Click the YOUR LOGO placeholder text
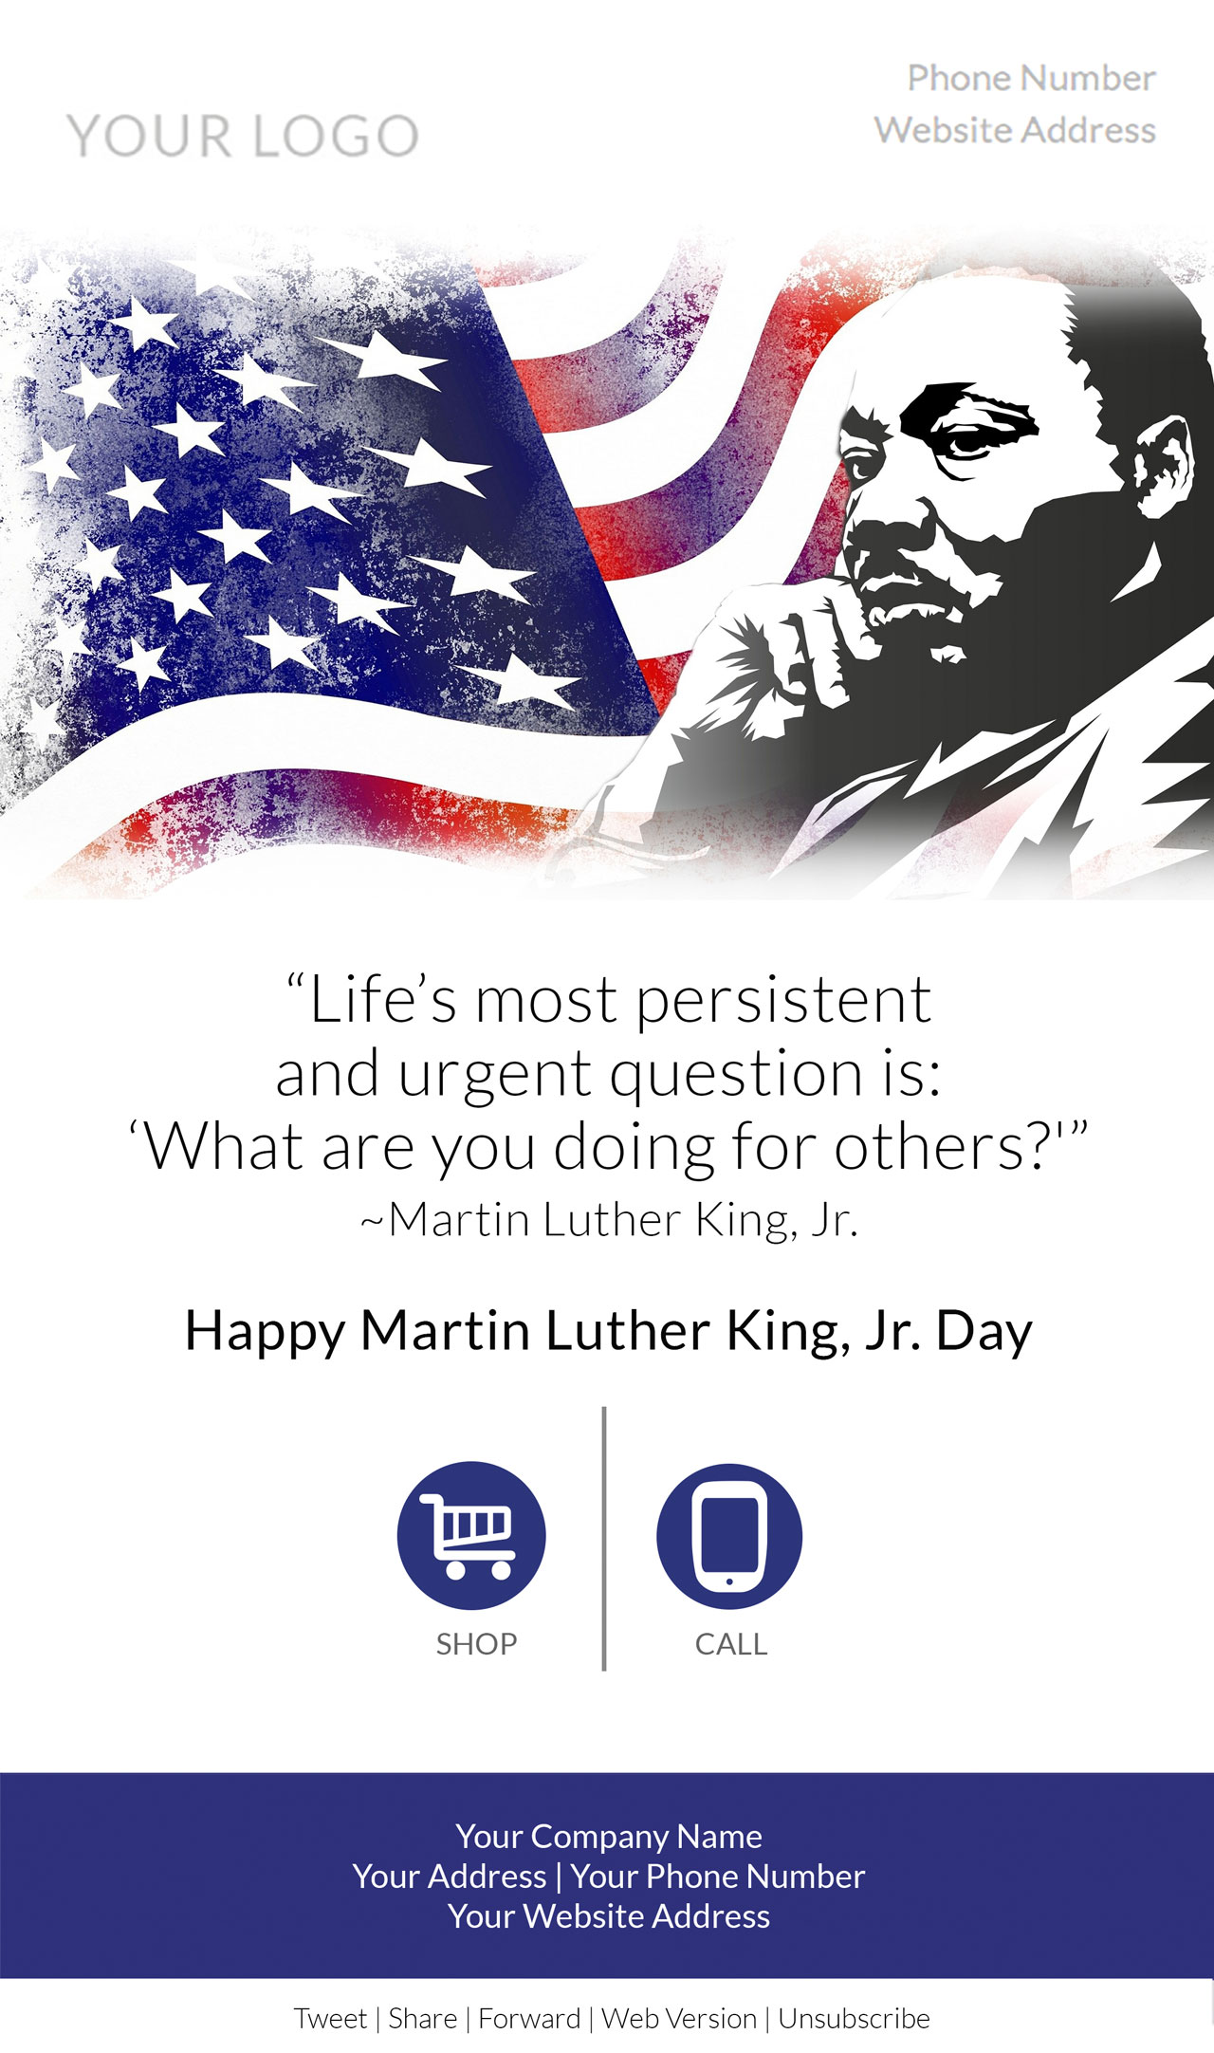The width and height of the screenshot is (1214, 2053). click(x=243, y=135)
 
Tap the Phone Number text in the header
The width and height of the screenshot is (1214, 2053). click(x=1031, y=78)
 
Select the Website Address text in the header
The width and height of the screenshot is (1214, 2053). click(x=1015, y=130)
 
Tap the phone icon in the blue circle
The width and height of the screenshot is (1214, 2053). click(x=729, y=1536)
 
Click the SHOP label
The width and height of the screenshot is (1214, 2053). click(x=476, y=1644)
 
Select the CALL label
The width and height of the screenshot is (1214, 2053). click(x=730, y=1644)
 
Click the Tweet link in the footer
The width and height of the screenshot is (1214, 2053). click(x=330, y=2018)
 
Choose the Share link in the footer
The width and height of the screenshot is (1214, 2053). click(x=422, y=2018)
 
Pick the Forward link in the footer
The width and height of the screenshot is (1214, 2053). click(x=529, y=2018)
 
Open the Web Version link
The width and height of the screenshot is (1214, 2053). click(x=679, y=2018)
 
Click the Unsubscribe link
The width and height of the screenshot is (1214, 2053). click(x=854, y=2018)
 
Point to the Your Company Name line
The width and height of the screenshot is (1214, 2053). click(x=609, y=1836)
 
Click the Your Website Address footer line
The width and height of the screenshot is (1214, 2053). click(x=609, y=1915)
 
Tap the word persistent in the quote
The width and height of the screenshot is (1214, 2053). click(x=783, y=1001)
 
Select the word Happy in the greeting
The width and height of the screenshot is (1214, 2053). click(x=265, y=1332)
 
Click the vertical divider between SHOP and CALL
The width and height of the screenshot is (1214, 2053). click(x=604, y=1539)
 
